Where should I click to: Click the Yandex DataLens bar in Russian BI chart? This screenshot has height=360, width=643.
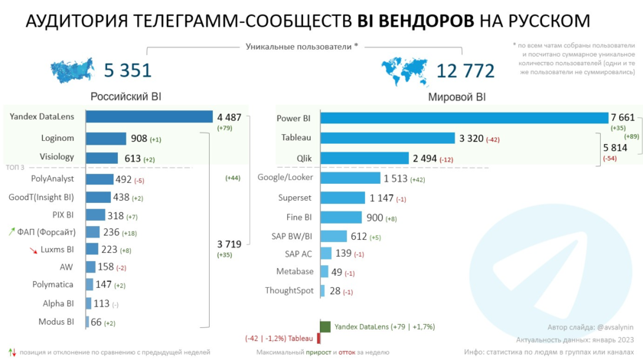point(149,117)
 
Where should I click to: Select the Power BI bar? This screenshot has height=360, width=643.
point(464,118)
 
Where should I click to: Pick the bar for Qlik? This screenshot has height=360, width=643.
point(364,158)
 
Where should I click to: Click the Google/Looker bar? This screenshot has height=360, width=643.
point(350,178)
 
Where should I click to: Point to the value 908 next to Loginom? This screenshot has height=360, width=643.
point(138,139)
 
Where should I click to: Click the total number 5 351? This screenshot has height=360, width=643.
point(128,71)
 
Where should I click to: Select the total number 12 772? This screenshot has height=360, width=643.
point(465,71)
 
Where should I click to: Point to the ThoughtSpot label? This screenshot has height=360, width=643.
point(289,290)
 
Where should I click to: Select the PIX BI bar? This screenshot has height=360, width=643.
point(95,215)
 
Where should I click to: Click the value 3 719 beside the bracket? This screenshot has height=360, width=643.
point(229,244)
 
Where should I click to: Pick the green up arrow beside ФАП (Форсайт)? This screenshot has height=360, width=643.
point(11,231)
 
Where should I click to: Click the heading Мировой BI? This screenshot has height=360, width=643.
point(457,98)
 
